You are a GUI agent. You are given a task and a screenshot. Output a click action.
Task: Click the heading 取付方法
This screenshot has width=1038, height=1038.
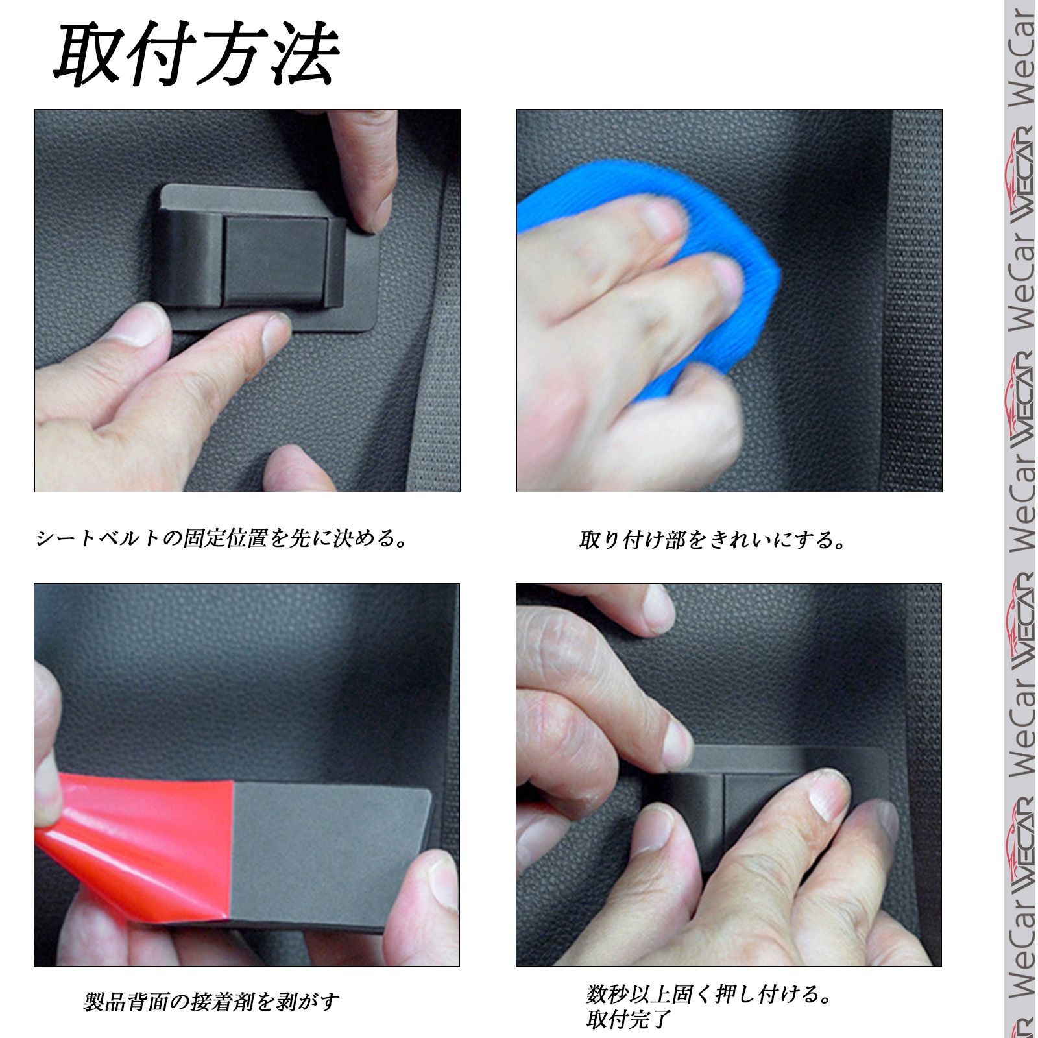197,55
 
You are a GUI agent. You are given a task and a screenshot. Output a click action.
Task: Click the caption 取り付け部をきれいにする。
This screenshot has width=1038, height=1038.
712,540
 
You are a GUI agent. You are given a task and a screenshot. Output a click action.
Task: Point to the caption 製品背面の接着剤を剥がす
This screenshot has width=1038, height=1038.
211,1002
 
